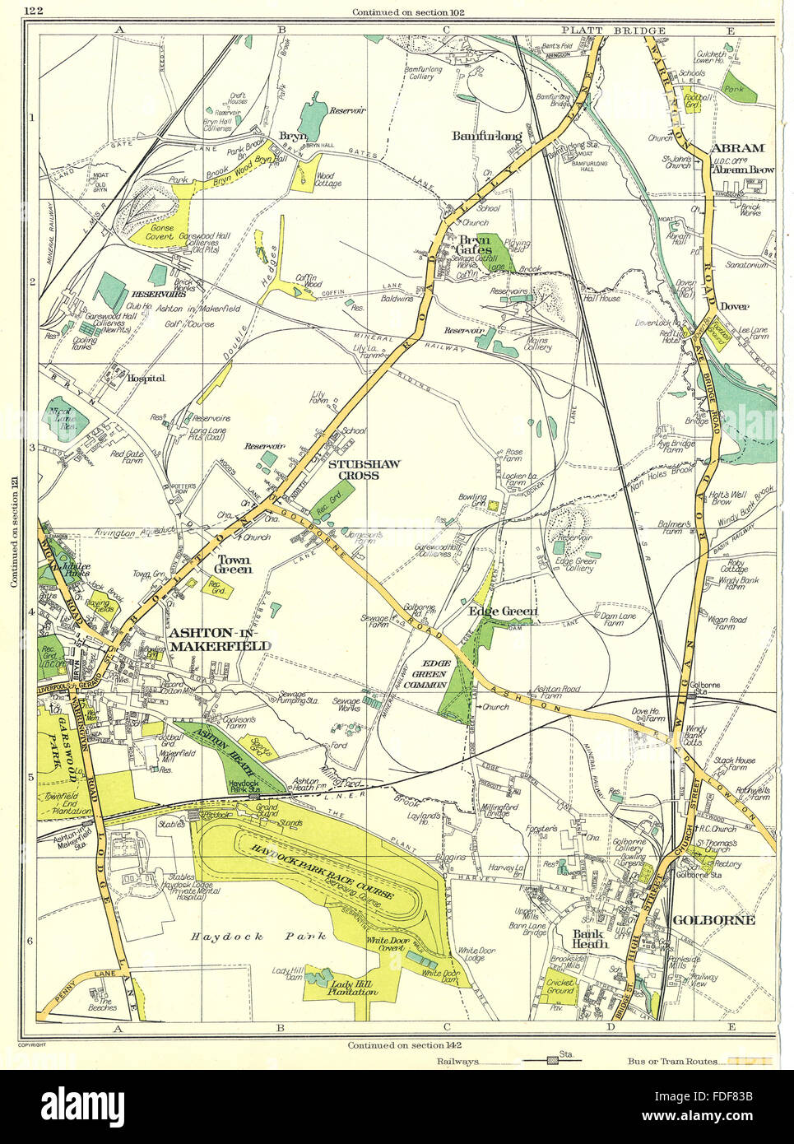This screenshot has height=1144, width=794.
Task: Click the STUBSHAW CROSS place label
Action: click(x=364, y=470)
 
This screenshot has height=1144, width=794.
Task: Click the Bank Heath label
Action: click(x=590, y=939)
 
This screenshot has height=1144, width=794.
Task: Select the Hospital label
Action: click(x=147, y=378)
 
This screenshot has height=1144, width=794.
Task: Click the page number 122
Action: click(x=34, y=10)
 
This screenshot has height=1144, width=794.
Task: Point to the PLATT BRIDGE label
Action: click(x=605, y=30)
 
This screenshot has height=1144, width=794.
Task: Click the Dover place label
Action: click(x=734, y=306)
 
